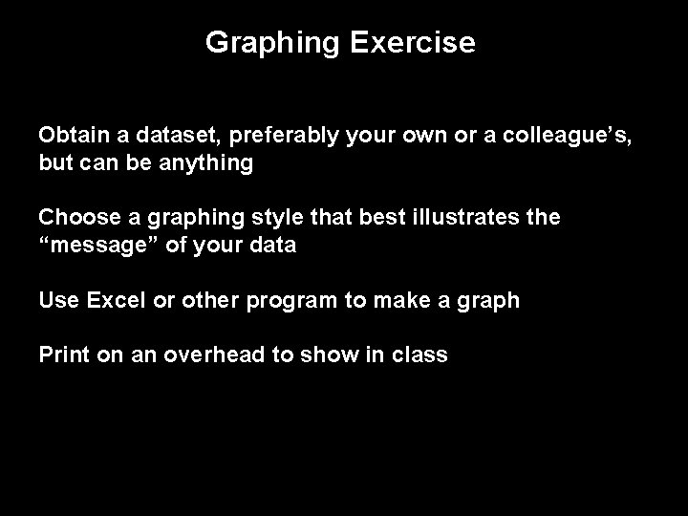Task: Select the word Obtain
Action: tap(72, 136)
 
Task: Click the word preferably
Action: tap(282, 136)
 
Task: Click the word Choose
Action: tap(75, 218)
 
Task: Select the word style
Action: tap(304, 218)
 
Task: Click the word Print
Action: tap(63, 355)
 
